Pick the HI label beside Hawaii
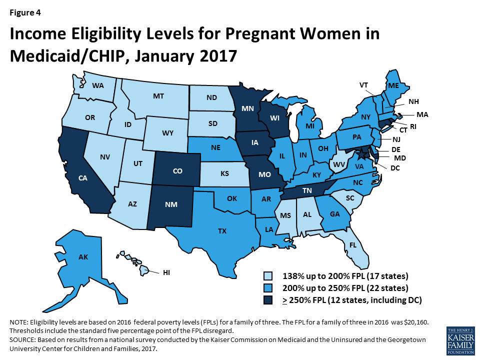(x=167, y=272)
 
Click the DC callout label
(x=395, y=168)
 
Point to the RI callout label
(x=413, y=127)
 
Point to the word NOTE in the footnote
(x=18, y=322)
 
